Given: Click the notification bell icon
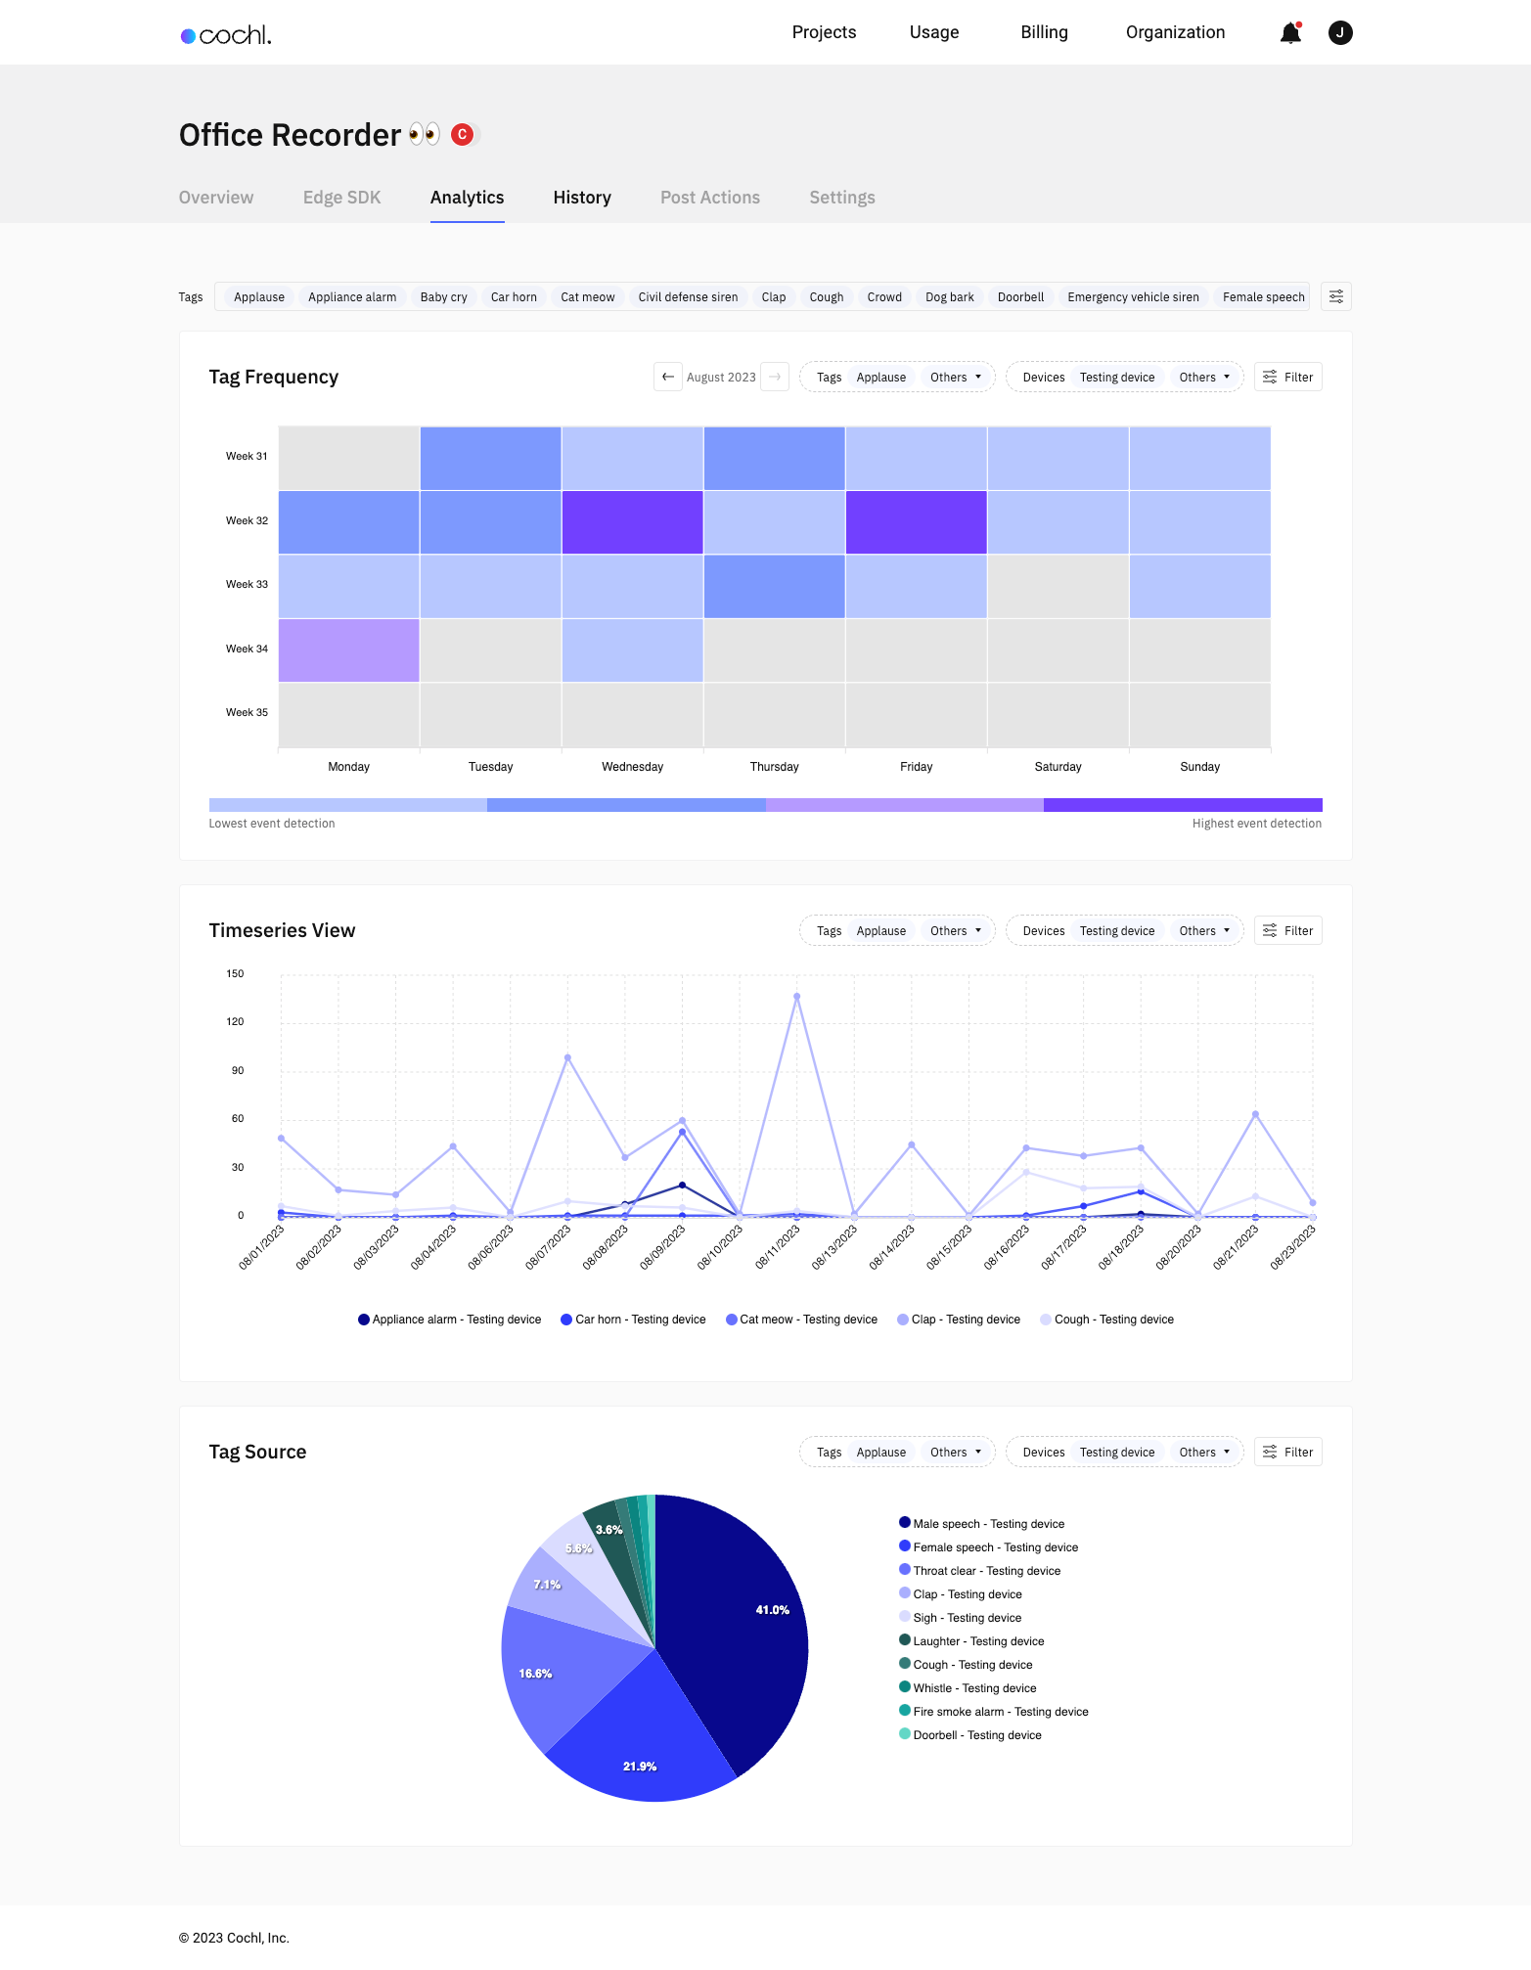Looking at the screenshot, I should pos(1290,33).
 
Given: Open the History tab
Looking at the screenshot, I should pos(582,198).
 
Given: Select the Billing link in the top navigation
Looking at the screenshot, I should pos(1044,32).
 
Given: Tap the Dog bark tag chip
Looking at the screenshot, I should pos(949,297).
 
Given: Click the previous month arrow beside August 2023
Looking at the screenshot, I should pos(667,377).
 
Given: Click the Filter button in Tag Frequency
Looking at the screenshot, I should pos(1287,377).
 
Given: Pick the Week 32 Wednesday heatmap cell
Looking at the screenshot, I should pos(632,521).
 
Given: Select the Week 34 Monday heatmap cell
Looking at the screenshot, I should pos(348,649).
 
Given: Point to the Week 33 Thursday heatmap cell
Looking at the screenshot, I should pos(774,586).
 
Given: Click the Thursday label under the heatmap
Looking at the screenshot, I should pos(774,767).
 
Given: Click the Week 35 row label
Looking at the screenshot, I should pos(247,712).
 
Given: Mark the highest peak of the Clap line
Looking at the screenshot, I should pos(796,997).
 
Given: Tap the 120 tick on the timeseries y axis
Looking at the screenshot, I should pos(235,1021).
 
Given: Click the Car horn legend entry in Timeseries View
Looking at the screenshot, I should pos(633,1320).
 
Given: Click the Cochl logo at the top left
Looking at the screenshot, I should pos(226,35).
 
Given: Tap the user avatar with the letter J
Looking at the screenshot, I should pos(1340,33).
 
